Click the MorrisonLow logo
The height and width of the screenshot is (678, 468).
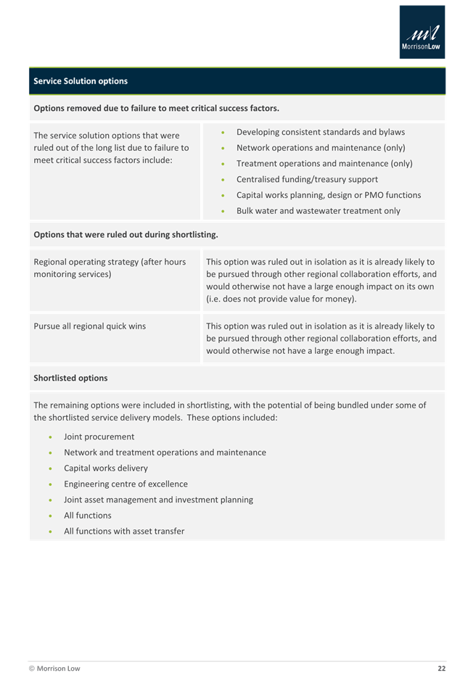pos(422,33)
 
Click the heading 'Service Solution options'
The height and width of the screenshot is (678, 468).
pos(81,81)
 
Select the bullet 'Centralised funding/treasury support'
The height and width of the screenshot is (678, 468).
pos(307,179)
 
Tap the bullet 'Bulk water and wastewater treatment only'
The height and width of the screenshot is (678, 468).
pos(318,211)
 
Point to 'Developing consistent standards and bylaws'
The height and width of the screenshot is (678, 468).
pos(321,132)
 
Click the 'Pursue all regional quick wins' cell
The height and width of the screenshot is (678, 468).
pos(90,326)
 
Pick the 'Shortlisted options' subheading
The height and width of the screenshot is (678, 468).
pos(70,378)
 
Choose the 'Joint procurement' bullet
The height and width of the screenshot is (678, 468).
pos(99,437)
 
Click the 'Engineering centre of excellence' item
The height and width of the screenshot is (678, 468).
pos(126,484)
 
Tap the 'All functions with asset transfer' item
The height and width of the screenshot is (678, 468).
pos(124,531)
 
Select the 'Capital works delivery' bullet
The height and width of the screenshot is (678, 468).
pos(106,468)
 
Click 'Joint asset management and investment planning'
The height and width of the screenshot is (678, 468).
pos(158,500)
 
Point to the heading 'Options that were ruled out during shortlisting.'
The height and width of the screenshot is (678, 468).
pos(126,235)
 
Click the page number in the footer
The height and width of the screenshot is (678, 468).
pos(441,668)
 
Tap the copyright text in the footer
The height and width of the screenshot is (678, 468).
pos(55,668)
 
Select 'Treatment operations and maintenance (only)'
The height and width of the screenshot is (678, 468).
pos(324,164)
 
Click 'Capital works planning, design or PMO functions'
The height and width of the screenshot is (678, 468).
pos(328,195)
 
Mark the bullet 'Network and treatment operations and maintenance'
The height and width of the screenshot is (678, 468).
pos(165,452)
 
